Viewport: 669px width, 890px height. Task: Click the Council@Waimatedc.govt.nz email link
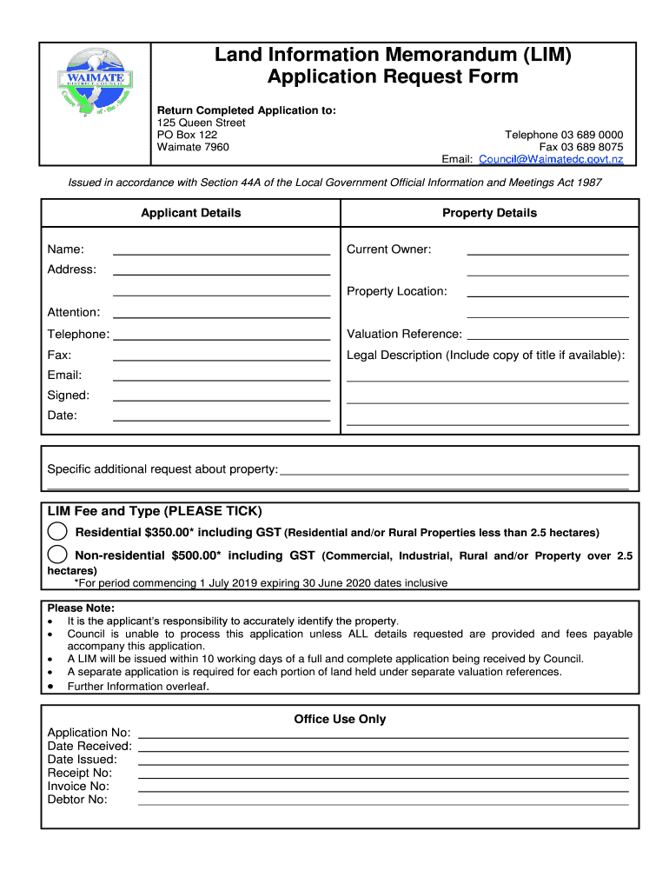(x=551, y=159)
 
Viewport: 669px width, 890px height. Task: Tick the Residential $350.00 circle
(x=57, y=531)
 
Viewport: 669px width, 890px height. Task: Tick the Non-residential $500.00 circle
(x=57, y=555)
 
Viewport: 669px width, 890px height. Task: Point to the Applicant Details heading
(x=191, y=213)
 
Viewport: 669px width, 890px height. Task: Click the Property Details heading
(x=489, y=213)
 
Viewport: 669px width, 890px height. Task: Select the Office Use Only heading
(x=340, y=719)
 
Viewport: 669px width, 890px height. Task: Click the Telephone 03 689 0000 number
(x=564, y=135)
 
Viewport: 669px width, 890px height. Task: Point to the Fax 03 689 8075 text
(x=580, y=147)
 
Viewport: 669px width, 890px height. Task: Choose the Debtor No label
(x=77, y=800)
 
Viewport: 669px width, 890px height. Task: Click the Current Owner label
(x=388, y=249)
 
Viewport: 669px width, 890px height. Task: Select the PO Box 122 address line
(x=187, y=135)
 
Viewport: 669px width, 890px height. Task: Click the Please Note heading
(x=81, y=608)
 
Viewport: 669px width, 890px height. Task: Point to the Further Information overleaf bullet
(x=138, y=686)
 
